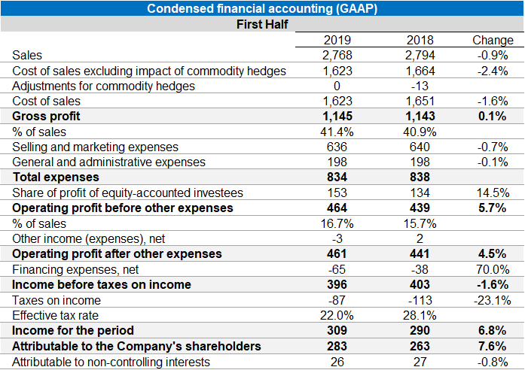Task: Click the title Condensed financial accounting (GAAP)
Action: point(262,8)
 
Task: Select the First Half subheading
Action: point(262,24)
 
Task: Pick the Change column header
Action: point(492,40)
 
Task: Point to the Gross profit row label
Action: point(46,117)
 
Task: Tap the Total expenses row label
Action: point(55,177)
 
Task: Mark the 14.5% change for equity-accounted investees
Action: point(492,193)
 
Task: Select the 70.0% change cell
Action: point(492,269)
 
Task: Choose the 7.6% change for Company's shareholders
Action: point(492,346)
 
